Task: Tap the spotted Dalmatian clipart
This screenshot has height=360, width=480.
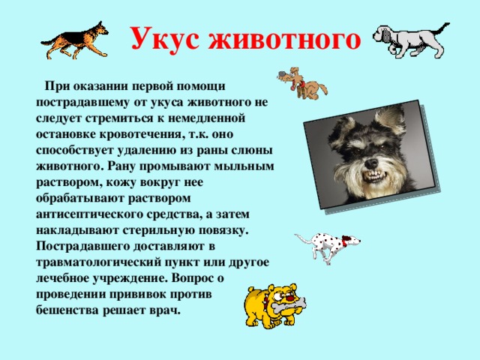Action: pos(327,246)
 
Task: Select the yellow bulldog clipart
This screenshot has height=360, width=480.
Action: pos(273,307)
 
